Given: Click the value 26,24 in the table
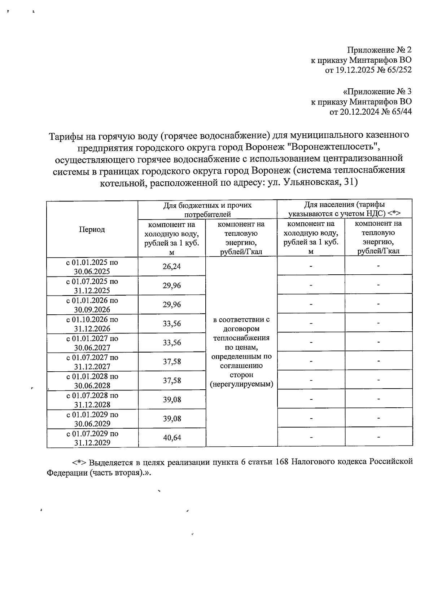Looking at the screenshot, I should click(172, 266).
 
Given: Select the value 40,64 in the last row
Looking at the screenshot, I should click(172, 438).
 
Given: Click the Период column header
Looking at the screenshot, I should click(92, 229).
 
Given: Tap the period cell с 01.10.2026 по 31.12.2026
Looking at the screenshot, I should click(92, 324).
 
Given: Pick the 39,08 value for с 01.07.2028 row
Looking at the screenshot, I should click(172, 399).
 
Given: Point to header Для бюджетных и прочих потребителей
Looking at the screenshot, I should click(207, 210).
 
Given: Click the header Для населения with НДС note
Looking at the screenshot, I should click(345, 209).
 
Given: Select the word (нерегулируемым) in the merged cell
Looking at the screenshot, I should click(241, 384).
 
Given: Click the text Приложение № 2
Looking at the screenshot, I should click(379, 50).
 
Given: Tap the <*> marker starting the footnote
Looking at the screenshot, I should click(79, 463).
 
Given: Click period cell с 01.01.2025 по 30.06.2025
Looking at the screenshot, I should click(92, 267).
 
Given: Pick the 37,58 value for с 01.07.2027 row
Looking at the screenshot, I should click(172, 361).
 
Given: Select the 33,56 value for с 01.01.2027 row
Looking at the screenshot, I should click(172, 342).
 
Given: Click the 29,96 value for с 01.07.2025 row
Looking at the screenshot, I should click(172, 286).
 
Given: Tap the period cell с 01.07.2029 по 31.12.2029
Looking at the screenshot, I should click(92, 438).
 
